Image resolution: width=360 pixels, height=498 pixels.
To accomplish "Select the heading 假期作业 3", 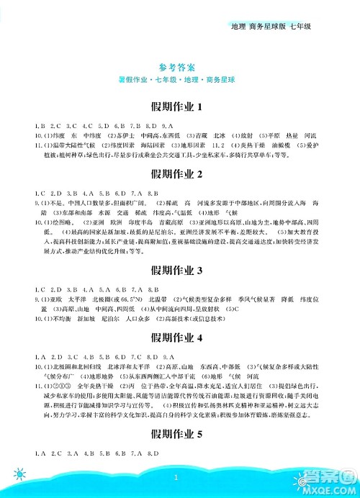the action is (x=179, y=271).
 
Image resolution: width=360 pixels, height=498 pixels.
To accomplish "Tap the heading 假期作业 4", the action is (x=179, y=338).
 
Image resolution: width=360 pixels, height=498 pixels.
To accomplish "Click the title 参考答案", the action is (x=179, y=63).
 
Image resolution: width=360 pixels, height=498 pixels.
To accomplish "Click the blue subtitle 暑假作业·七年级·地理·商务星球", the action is (x=179, y=76).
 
